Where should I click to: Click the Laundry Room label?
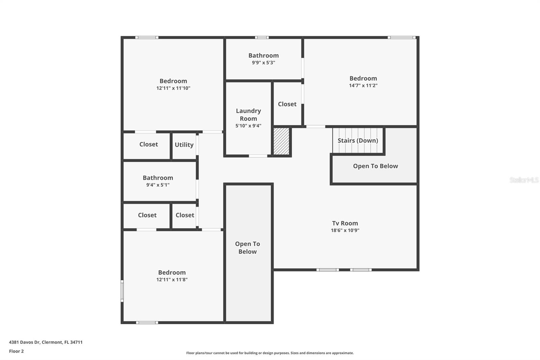(248, 114)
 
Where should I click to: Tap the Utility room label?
(184, 145)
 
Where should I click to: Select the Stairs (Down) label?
(358, 140)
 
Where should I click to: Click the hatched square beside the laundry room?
(281, 141)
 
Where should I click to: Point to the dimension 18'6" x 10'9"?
(345, 230)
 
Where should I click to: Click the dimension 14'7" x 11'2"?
(363, 85)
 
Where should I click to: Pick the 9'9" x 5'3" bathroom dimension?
(263, 62)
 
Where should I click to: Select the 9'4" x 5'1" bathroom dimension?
(158, 185)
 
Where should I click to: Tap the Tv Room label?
(345, 223)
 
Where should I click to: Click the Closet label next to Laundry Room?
(287, 104)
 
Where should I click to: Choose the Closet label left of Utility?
(148, 144)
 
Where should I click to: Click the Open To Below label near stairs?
(375, 166)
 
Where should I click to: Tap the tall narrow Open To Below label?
(247, 248)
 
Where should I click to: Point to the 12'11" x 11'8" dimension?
(172, 280)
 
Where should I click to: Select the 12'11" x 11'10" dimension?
(173, 88)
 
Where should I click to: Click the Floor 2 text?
(16, 351)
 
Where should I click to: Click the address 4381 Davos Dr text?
(46, 342)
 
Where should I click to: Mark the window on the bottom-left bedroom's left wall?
(122, 290)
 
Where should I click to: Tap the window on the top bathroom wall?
(262, 37)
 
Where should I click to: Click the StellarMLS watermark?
(524, 180)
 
